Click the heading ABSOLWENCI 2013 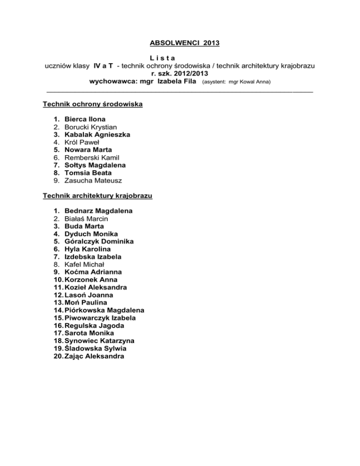[x=180, y=44]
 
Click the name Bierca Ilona [x=85, y=119]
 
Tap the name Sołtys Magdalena [x=96, y=165]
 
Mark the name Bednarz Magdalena [x=98, y=211]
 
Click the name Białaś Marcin [x=87, y=218]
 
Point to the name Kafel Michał [x=86, y=264]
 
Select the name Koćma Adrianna [x=93, y=272]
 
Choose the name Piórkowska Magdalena [x=105, y=310]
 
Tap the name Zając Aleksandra [x=95, y=356]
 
